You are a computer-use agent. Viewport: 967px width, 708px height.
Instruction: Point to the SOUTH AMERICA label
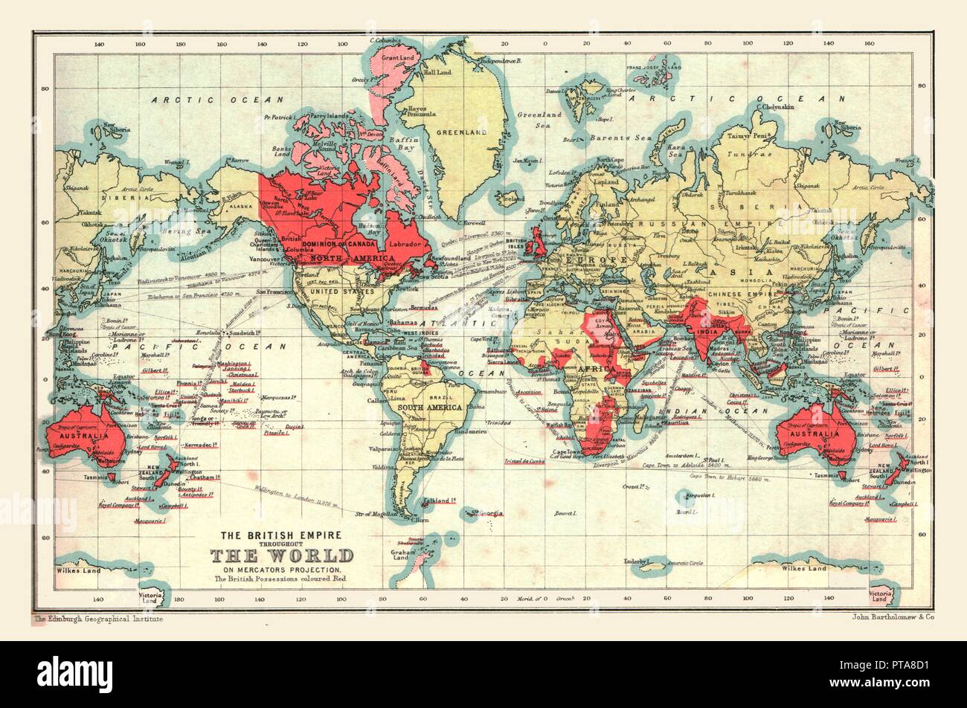[x=431, y=408]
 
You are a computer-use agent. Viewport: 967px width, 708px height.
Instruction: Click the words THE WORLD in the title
[x=282, y=556]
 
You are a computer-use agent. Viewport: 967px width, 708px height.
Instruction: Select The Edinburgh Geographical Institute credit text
[x=97, y=618]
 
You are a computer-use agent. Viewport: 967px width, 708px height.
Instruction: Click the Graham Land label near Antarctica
[x=404, y=556]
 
